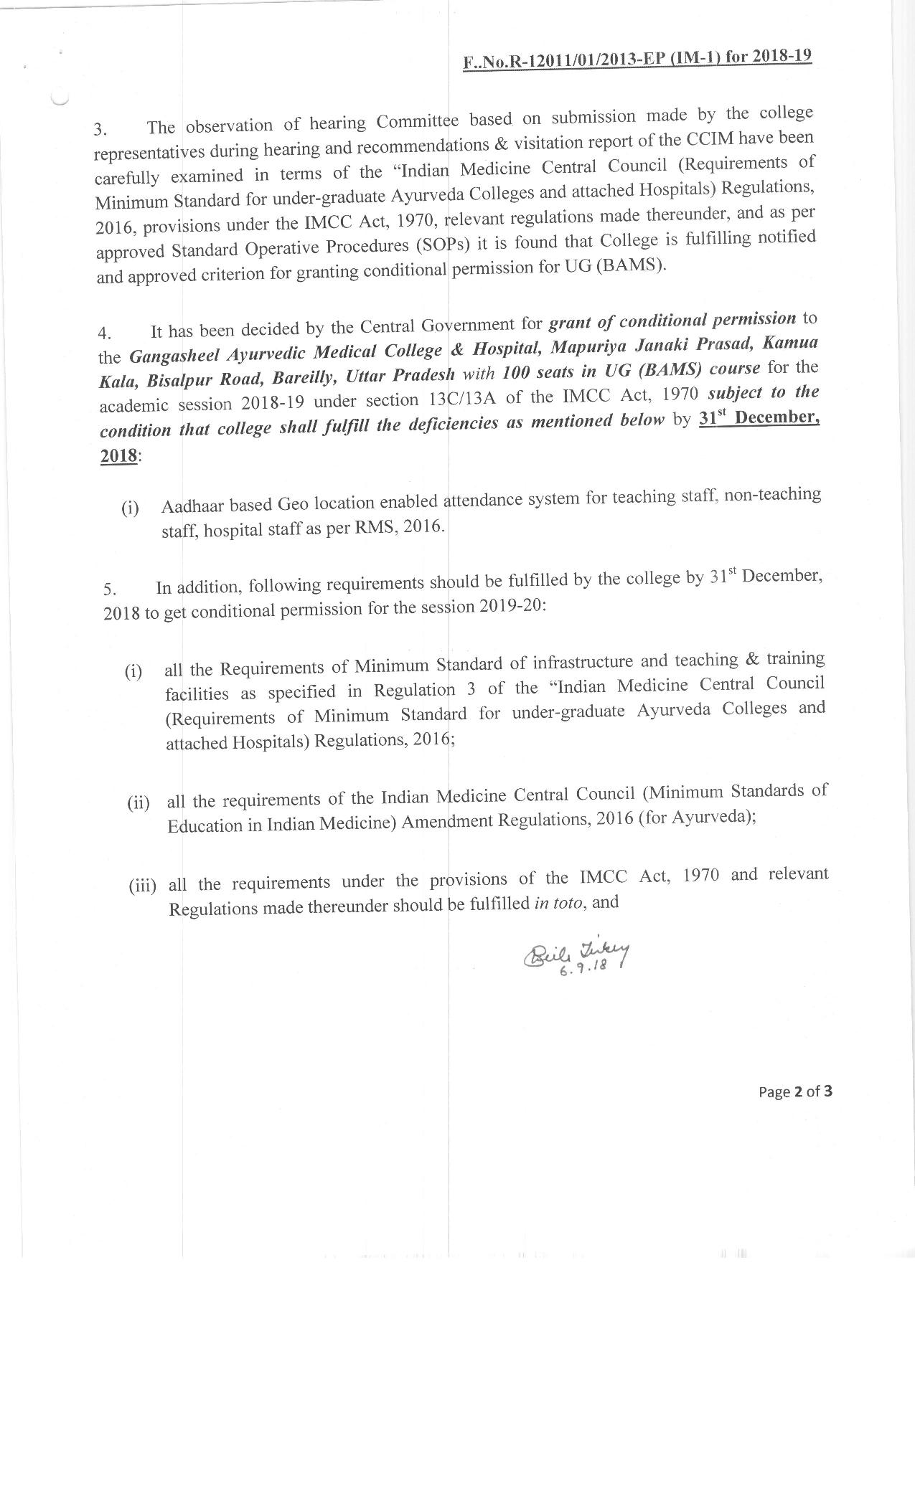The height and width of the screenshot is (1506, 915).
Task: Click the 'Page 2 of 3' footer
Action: [795, 1091]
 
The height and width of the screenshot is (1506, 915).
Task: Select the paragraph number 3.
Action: [100, 130]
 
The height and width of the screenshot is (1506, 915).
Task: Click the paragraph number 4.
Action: [105, 333]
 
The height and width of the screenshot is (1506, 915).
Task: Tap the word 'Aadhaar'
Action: [191, 506]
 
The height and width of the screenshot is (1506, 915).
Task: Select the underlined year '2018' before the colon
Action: [118, 455]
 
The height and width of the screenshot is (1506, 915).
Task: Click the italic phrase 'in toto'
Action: [560, 903]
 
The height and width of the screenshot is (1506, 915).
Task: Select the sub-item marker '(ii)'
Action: [139, 802]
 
